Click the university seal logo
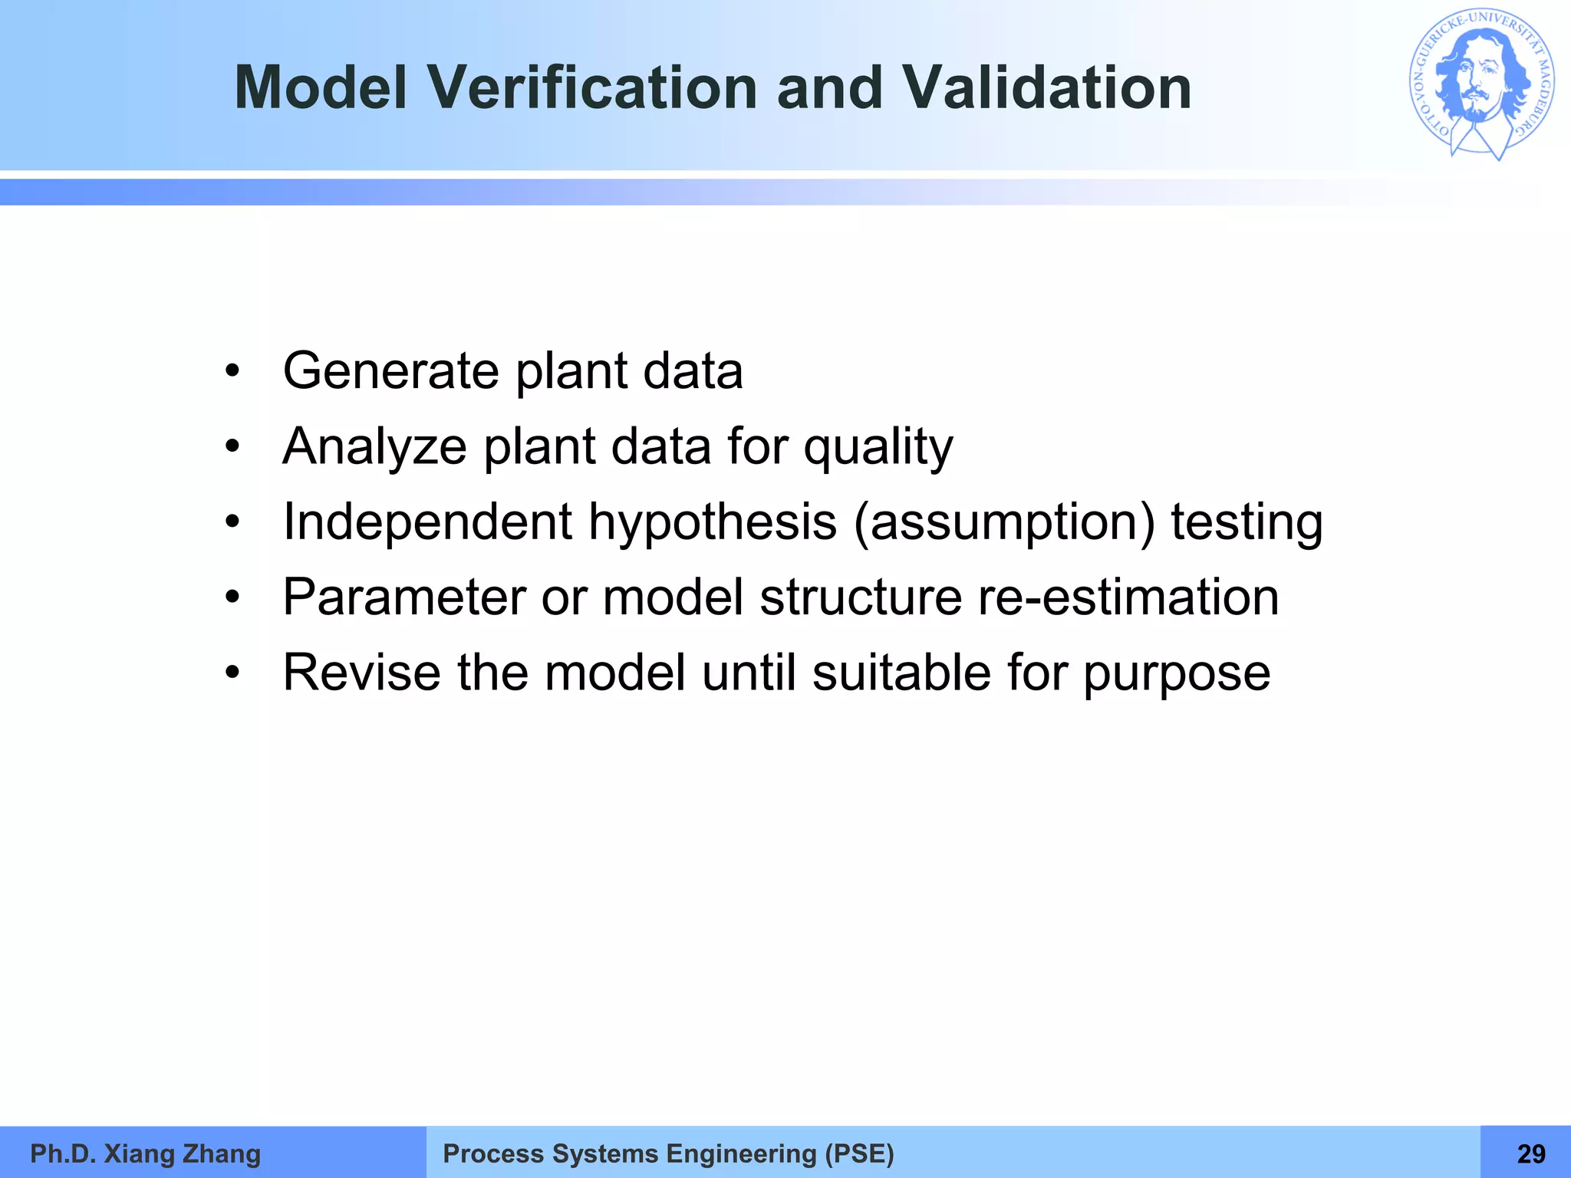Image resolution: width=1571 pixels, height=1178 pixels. point(1481,84)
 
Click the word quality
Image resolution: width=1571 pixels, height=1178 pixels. point(878,447)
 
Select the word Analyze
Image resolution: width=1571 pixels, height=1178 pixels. point(374,447)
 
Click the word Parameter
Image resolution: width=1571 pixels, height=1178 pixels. point(403,597)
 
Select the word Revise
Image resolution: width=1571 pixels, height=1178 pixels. point(361,673)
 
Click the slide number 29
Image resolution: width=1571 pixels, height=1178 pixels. point(1531,1153)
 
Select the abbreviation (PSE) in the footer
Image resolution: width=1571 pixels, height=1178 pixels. point(859,1153)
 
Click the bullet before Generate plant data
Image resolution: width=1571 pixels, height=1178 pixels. point(232,372)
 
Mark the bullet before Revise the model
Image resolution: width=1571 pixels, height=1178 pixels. point(232,673)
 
